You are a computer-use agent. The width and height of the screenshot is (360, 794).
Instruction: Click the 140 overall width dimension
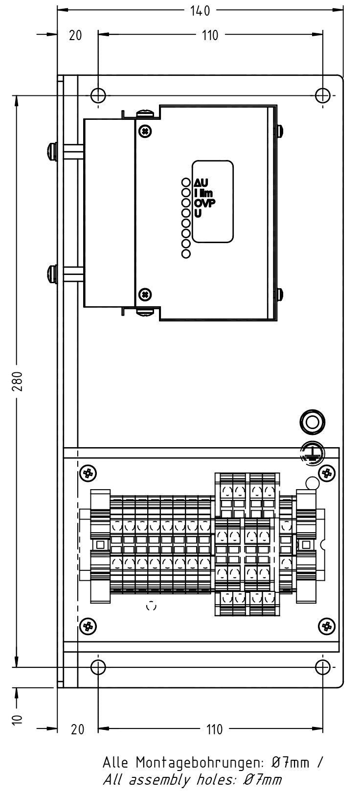[200, 10]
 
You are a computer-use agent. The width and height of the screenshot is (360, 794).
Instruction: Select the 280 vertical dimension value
[17, 382]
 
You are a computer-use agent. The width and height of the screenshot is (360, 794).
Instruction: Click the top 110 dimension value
[210, 35]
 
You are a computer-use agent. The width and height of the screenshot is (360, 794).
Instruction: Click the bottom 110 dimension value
[214, 729]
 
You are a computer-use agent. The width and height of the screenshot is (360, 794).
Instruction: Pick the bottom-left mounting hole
[98, 667]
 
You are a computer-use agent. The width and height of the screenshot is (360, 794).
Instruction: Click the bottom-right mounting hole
[323, 667]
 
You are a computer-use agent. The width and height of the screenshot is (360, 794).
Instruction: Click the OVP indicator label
[204, 203]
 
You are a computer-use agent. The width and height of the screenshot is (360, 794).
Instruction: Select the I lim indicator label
[203, 193]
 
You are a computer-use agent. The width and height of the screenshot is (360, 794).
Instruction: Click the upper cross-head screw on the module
[145, 131]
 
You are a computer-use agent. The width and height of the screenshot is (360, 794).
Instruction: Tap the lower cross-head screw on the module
[145, 294]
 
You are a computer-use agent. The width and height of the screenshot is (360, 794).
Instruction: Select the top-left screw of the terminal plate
[89, 473]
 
